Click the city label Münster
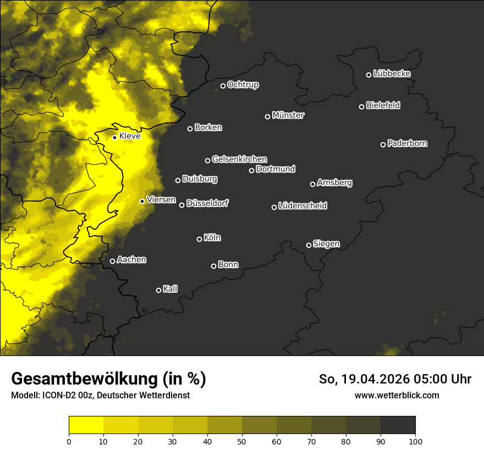coord(288,115)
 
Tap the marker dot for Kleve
coord(114,137)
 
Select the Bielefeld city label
coord(383,105)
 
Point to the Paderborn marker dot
coord(383,144)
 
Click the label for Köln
coord(212,238)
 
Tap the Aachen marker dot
coord(112,261)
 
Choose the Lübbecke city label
coord(392,74)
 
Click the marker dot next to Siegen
coord(309,245)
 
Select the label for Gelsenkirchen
coord(239,159)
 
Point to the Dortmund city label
coord(276,169)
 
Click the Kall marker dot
coord(158,290)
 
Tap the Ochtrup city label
coord(243,85)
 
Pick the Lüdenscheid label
coord(302,206)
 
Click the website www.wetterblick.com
coord(397,395)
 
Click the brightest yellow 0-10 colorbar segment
coord(86,425)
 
